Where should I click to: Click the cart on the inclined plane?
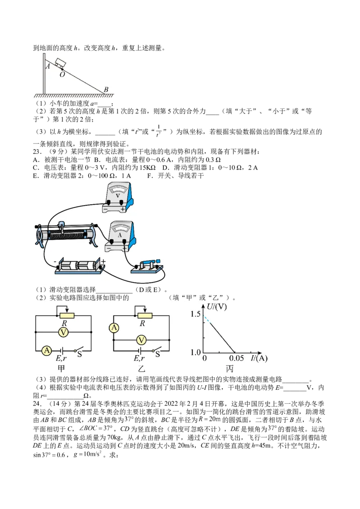click(61, 63)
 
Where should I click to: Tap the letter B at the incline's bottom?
click(106, 89)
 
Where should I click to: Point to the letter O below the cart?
click(62, 74)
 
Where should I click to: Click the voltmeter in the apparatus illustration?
click(117, 197)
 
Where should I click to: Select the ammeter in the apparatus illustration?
click(120, 237)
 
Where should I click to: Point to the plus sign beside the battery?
click(103, 261)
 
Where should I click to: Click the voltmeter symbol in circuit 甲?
click(64, 332)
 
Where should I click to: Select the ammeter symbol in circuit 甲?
click(47, 351)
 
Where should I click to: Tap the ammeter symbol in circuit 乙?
click(114, 328)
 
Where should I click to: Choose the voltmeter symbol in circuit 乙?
click(141, 340)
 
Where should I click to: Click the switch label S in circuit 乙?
click(157, 354)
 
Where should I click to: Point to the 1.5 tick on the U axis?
click(196, 314)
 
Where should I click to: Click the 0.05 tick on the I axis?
click(236, 358)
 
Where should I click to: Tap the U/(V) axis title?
click(217, 307)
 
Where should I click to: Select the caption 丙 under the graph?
click(229, 369)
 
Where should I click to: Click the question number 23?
click(37, 152)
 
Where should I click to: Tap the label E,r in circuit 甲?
click(61, 358)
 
